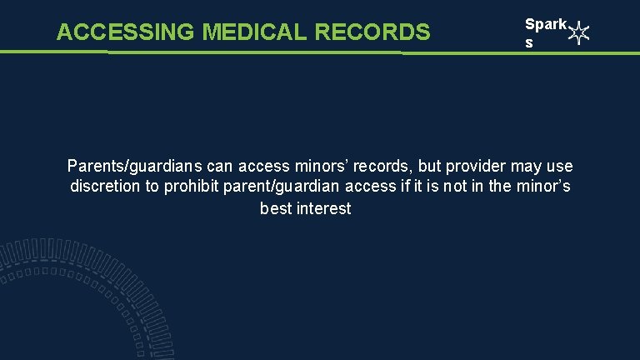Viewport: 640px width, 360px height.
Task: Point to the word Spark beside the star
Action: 545,26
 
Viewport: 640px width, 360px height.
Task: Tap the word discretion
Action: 106,187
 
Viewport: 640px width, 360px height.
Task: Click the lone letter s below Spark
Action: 528,43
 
